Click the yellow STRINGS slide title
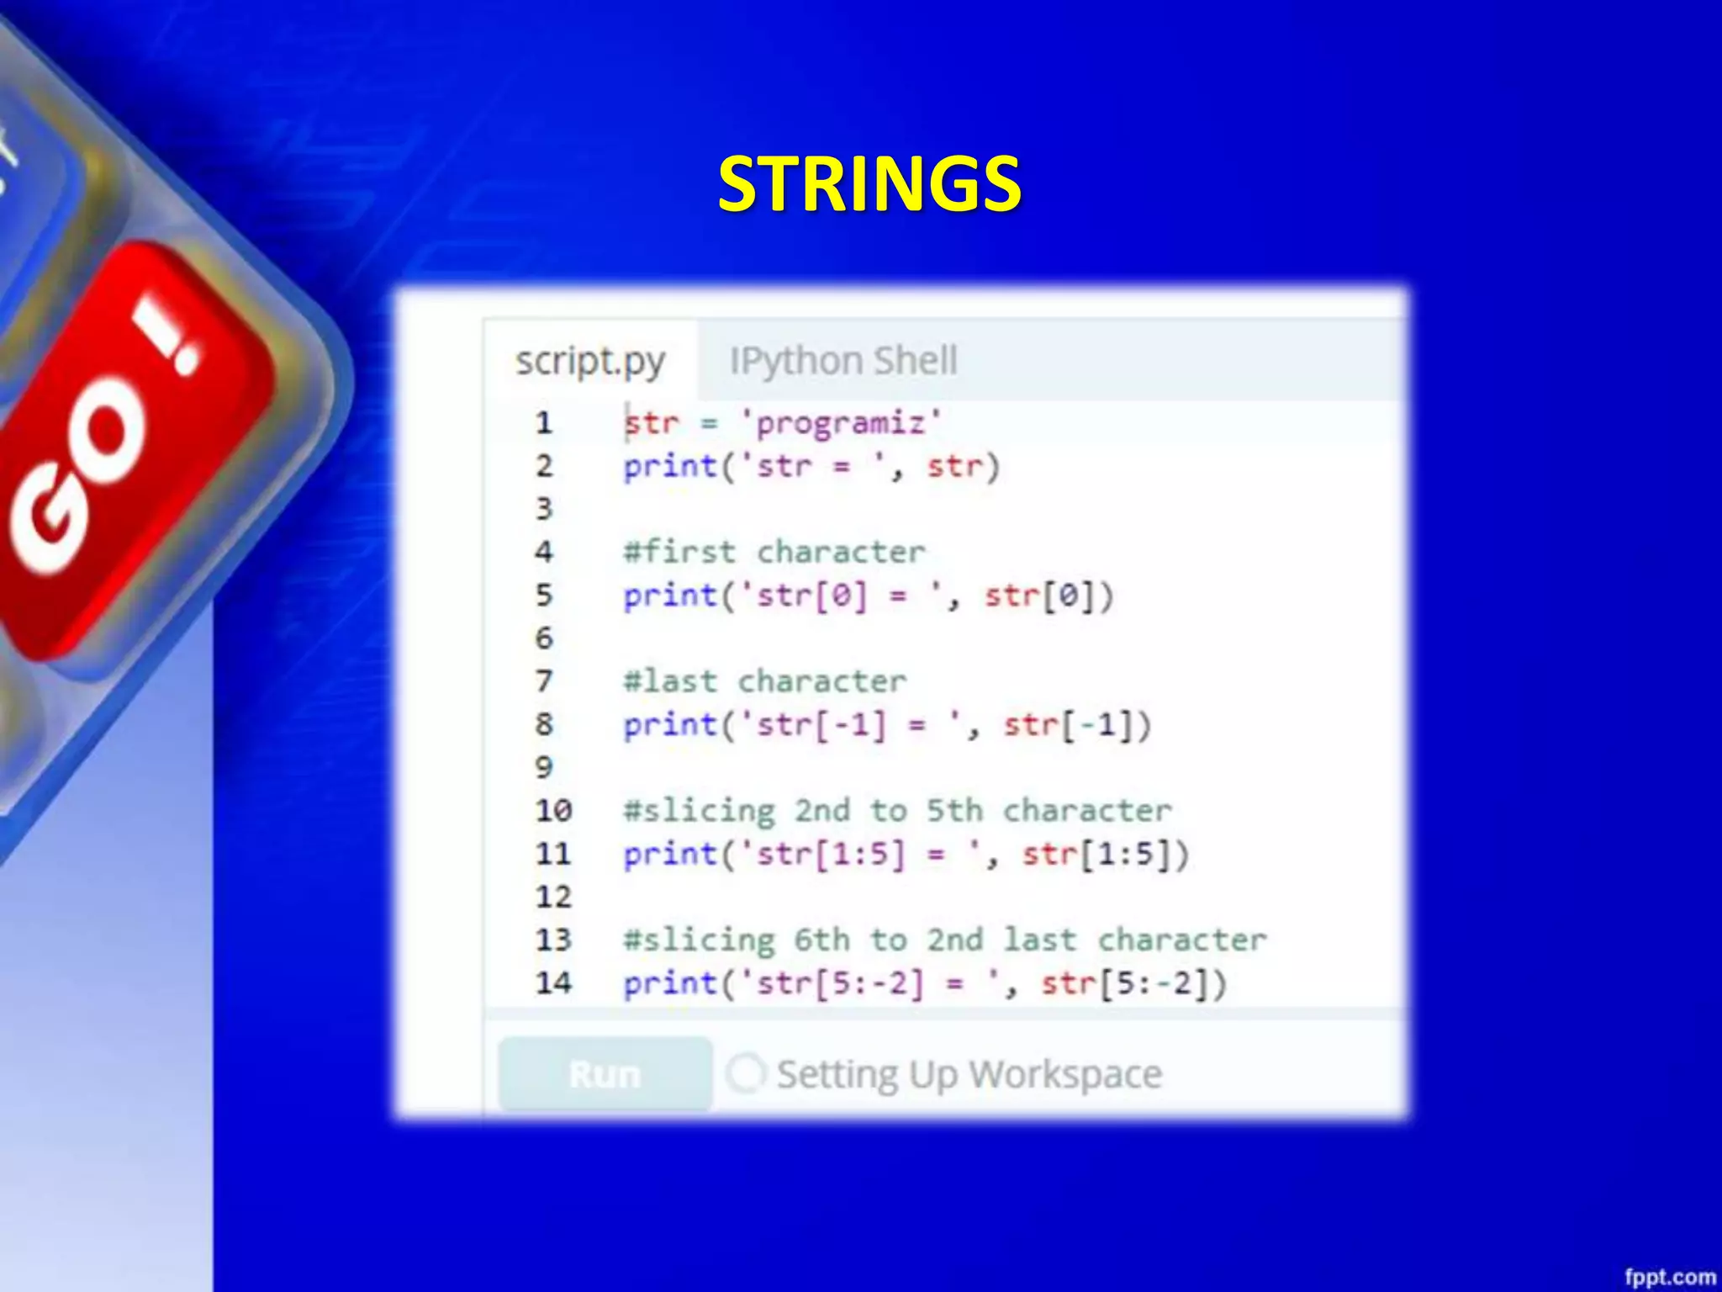[x=869, y=184]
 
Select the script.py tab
[x=590, y=361]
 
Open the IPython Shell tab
[x=843, y=361]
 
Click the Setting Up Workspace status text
[x=969, y=1074]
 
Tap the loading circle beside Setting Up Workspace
[x=746, y=1073]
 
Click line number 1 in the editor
[x=544, y=422]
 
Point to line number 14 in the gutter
[x=553, y=982]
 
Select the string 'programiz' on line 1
[x=842, y=422]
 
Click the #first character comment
[x=774, y=552]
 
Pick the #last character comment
[x=764, y=681]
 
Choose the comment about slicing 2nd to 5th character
[x=896, y=811]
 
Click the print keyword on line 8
[x=669, y=725]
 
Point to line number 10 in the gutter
[x=553, y=811]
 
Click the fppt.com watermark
[x=1669, y=1277]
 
